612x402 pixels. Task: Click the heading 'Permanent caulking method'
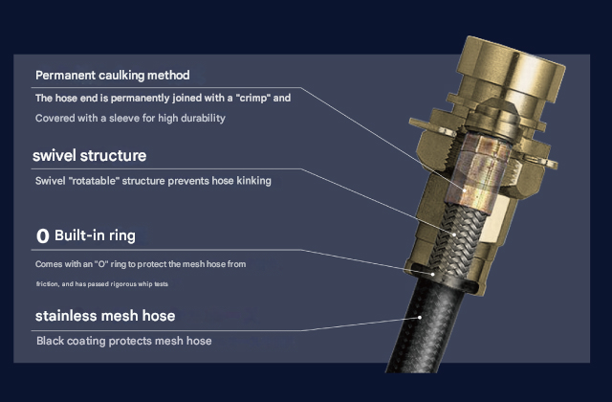(x=112, y=75)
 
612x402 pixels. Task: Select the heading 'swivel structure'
(x=89, y=155)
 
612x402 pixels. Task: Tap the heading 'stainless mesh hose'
(x=105, y=315)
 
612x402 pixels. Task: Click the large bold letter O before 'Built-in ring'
(x=42, y=235)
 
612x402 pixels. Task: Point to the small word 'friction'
(x=49, y=284)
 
